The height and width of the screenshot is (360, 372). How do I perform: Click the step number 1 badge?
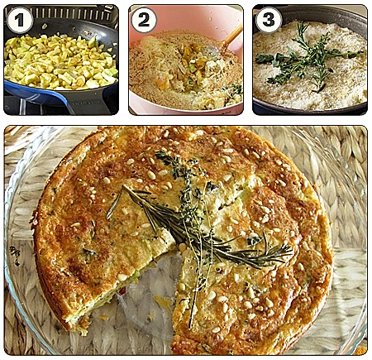point(20,20)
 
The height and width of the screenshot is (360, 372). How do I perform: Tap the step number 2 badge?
point(144,20)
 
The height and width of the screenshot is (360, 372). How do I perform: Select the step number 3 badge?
point(269,20)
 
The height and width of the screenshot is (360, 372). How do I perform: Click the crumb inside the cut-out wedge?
point(163,301)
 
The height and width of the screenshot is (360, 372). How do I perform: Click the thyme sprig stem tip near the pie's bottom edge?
point(190,327)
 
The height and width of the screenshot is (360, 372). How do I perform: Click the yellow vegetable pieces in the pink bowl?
point(190,66)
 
